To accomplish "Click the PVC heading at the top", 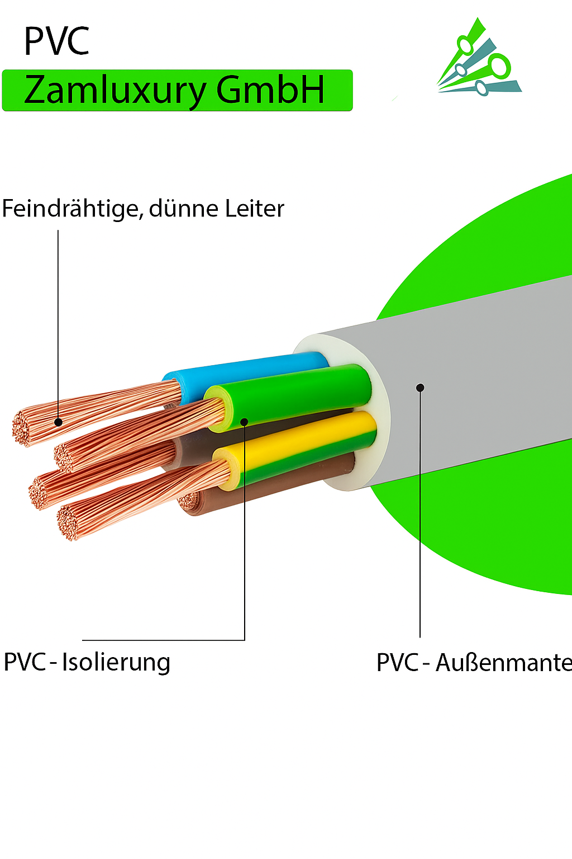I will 56,41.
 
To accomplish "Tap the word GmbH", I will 270,89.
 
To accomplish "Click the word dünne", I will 184,209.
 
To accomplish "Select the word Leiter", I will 255,209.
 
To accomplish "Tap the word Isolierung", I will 116,663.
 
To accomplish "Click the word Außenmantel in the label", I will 503,663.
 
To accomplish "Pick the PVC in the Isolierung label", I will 25,662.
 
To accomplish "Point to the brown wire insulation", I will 279,484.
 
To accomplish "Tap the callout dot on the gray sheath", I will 420,388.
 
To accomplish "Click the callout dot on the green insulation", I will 244,421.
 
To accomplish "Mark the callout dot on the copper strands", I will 58,422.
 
